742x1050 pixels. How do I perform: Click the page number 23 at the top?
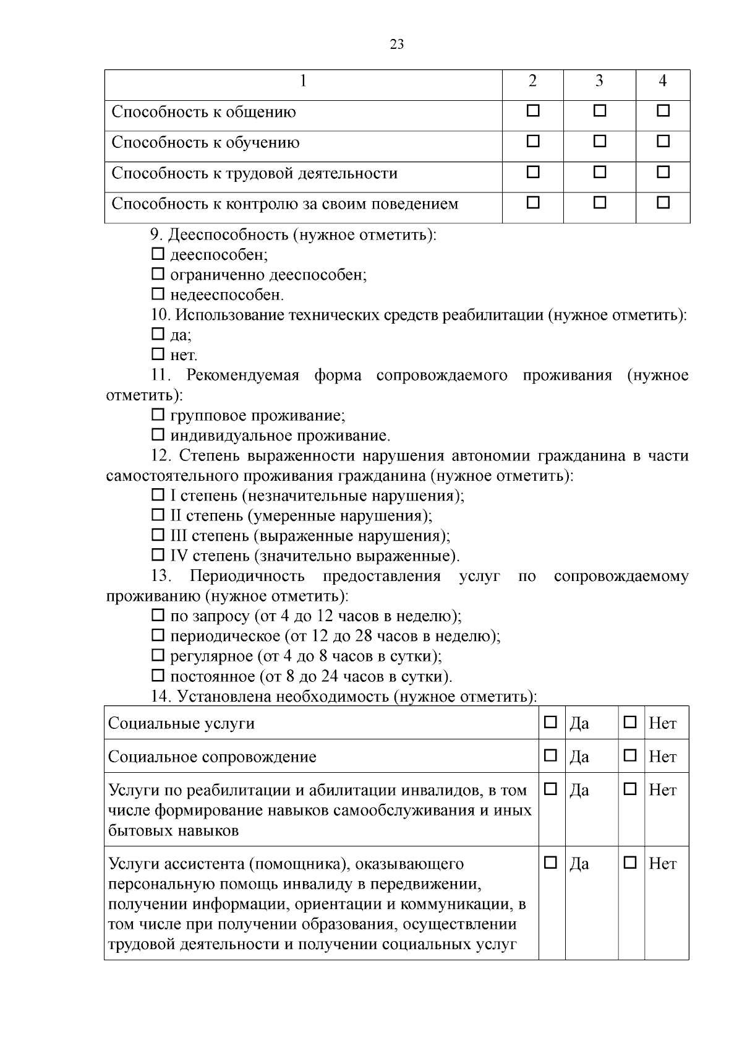397,45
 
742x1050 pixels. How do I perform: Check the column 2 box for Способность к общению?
532,111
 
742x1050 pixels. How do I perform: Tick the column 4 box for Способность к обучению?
663,142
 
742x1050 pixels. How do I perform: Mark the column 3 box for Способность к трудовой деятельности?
599,172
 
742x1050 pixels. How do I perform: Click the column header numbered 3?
599,82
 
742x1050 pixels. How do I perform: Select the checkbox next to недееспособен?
158,294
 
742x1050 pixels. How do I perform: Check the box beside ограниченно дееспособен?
158,273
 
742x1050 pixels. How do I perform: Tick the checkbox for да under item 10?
158,334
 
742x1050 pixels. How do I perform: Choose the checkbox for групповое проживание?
158,415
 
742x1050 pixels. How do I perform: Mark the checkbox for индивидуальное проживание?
158,435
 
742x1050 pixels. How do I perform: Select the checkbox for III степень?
158,535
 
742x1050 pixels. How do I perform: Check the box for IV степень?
158,555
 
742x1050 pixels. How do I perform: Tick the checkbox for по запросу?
158,616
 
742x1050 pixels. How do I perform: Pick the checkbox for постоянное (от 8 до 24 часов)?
158,675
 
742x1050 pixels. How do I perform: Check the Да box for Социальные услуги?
550,722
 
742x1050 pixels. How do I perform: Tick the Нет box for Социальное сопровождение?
630,755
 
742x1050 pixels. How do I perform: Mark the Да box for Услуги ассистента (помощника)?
550,863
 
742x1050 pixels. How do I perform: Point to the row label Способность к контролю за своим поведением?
284,204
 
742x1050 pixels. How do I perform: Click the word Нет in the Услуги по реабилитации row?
662,790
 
